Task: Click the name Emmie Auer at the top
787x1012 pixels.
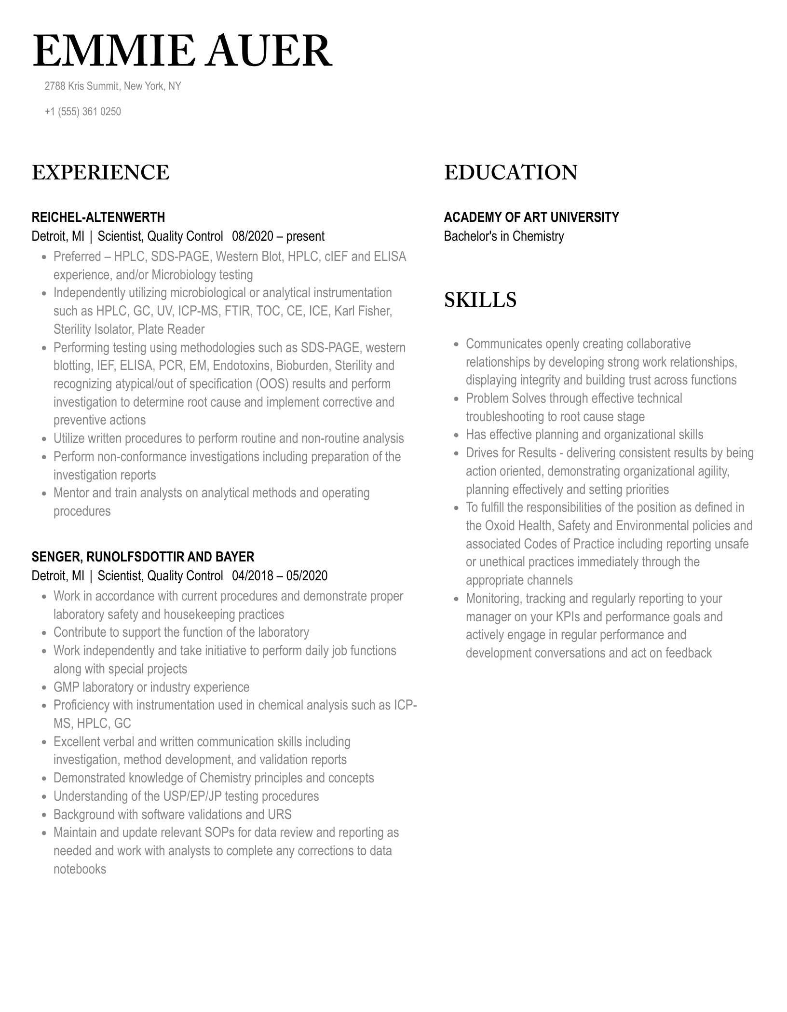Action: pos(182,52)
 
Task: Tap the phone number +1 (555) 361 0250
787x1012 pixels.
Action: pos(82,111)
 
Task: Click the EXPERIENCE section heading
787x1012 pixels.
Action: pos(100,173)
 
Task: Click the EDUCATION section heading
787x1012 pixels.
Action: pos(510,173)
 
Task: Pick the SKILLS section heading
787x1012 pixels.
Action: pos(480,300)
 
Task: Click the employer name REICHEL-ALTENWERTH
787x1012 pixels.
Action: pos(98,217)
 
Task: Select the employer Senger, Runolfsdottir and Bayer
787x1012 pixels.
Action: pos(143,557)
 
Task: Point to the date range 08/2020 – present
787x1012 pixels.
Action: pos(278,236)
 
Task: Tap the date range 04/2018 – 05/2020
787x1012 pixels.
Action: pos(280,576)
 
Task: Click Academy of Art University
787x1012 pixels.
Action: pos(531,217)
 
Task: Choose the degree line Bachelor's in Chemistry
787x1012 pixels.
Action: pos(503,236)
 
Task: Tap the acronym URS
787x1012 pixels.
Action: pos(280,815)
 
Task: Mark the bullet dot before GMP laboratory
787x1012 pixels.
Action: pos(44,688)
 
